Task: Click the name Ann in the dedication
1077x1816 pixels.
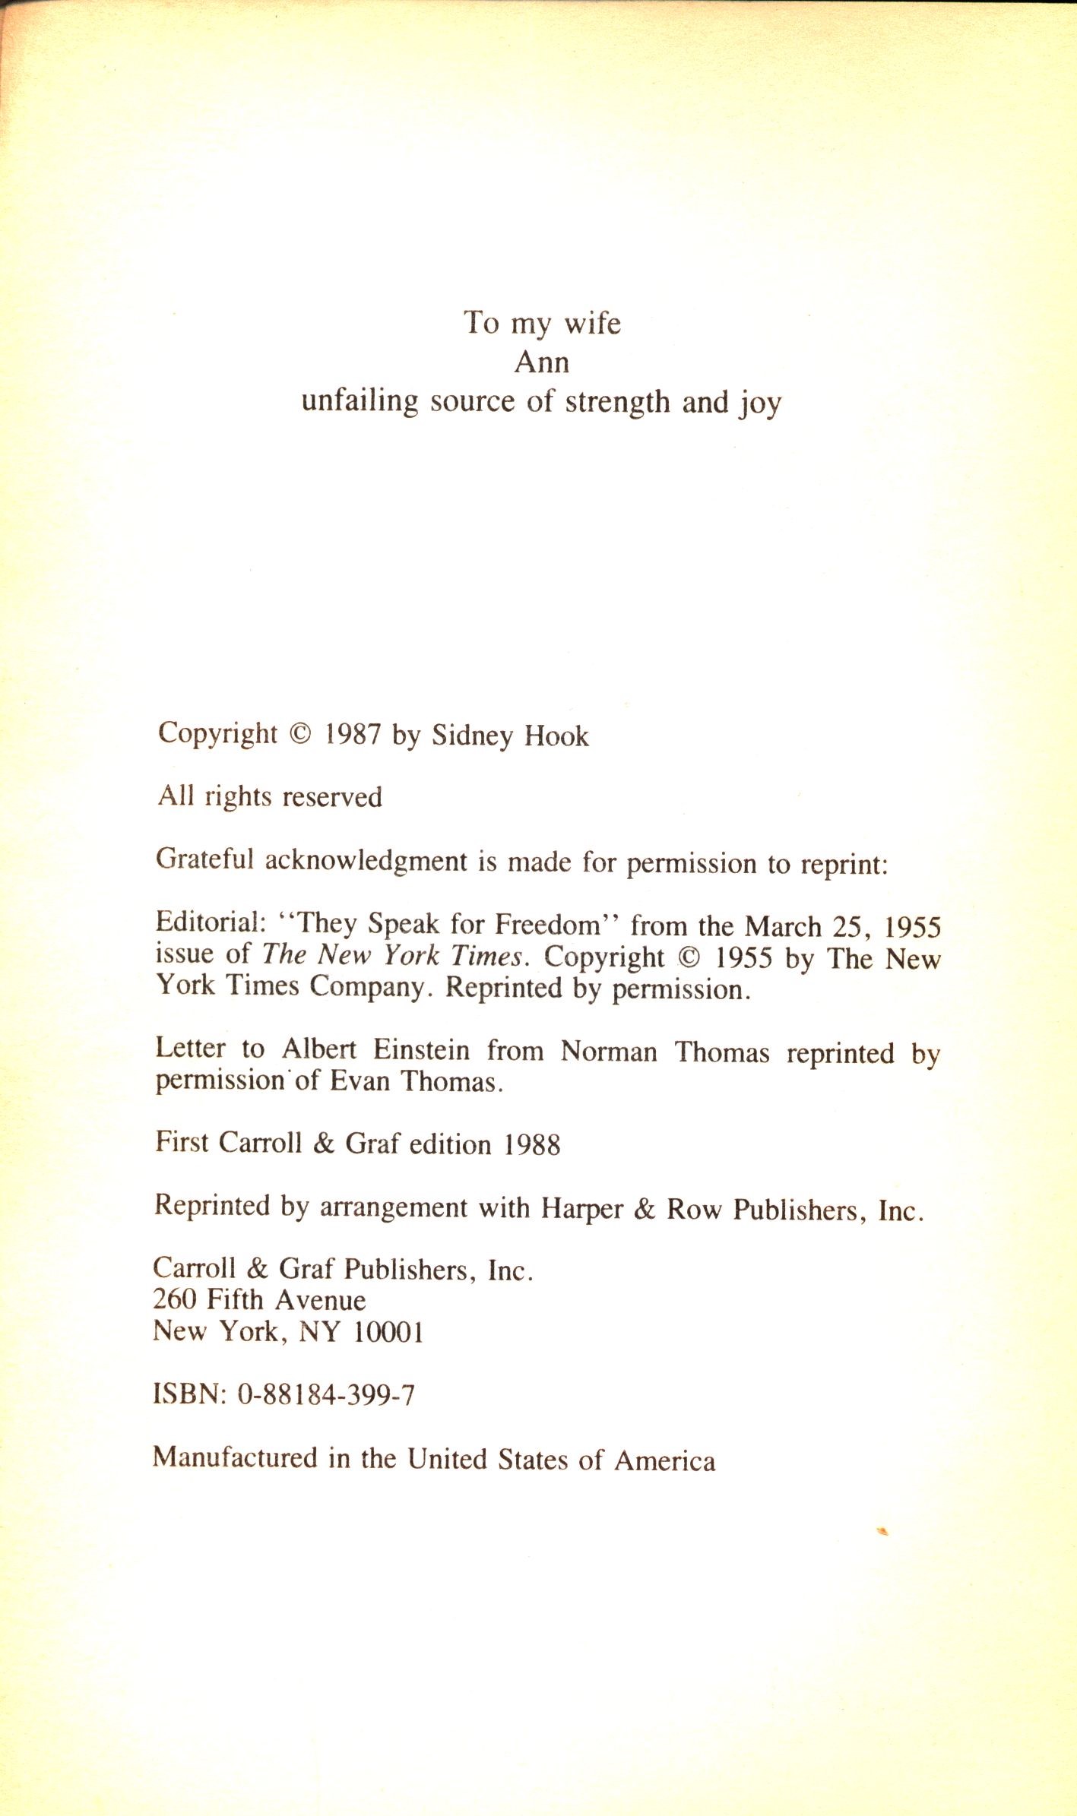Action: pyautogui.click(x=541, y=362)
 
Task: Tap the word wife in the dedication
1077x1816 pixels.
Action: pyautogui.click(x=592, y=323)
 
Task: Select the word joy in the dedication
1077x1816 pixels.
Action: pyautogui.click(x=761, y=403)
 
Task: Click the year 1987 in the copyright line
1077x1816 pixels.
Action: pyautogui.click(x=353, y=735)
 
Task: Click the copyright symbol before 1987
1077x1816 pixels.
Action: pyautogui.click(x=301, y=735)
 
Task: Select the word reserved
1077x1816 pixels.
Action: pyautogui.click(x=332, y=797)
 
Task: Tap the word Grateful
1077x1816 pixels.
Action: pyautogui.click(x=204, y=859)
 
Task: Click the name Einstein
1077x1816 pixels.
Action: pyautogui.click(x=421, y=1049)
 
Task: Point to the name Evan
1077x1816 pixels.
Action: pyautogui.click(x=360, y=1080)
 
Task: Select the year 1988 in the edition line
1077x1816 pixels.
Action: pyautogui.click(x=532, y=1144)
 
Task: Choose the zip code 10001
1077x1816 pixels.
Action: pyautogui.click(x=388, y=1331)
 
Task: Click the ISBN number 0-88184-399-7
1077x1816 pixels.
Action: pyautogui.click(x=326, y=1394)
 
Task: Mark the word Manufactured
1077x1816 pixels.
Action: pyautogui.click(x=235, y=1457)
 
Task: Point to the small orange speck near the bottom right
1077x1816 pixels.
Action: pyautogui.click(x=882, y=1531)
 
